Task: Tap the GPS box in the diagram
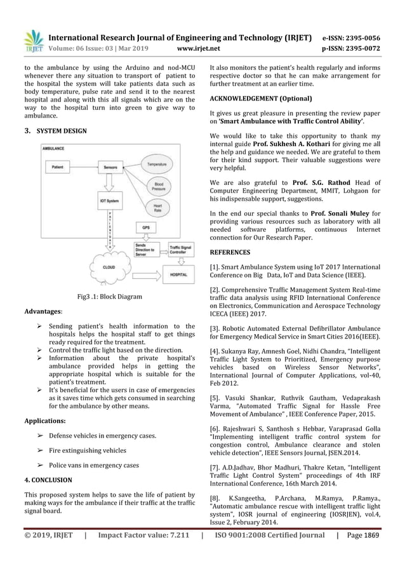click(x=147, y=227)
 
